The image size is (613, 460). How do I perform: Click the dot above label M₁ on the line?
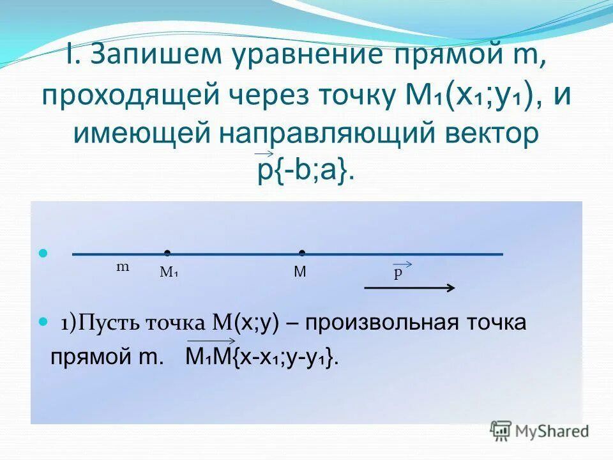coord(166,253)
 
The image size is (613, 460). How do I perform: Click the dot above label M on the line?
coord(301,253)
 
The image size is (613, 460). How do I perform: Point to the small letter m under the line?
coord(122,267)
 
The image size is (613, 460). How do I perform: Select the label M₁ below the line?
coord(169,273)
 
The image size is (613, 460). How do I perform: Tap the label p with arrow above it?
coord(398,273)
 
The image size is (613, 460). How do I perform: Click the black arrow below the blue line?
coord(409,288)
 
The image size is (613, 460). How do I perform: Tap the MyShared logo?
coord(540,431)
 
